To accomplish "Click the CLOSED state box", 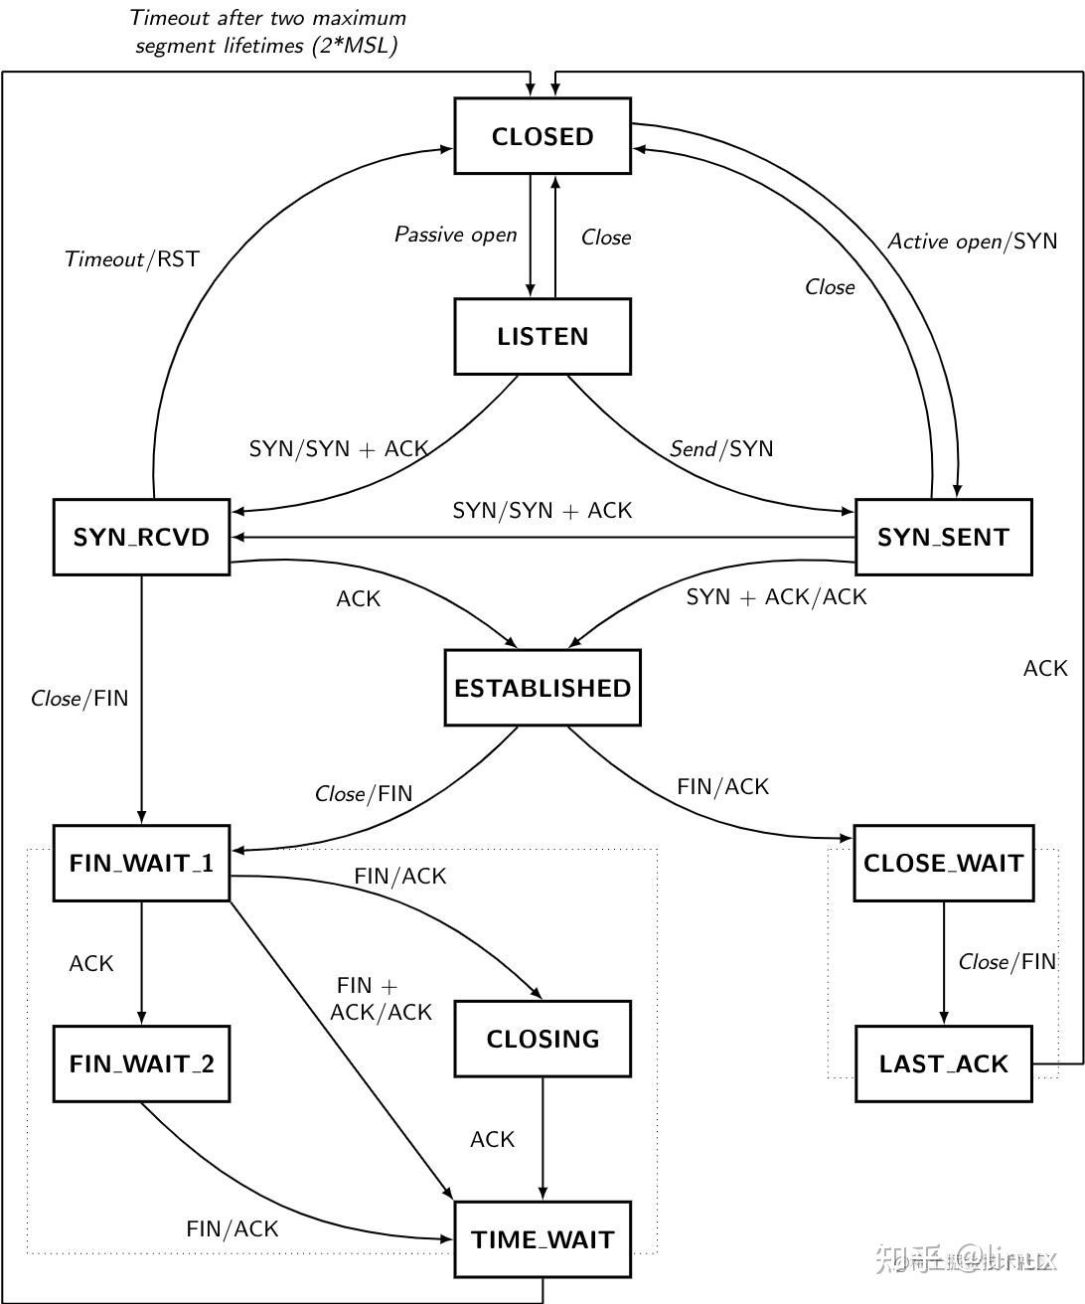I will (542, 136).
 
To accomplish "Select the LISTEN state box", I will (542, 337).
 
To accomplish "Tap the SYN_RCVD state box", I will (141, 538).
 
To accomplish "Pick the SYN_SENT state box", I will (943, 538).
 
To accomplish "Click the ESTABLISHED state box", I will (542, 688).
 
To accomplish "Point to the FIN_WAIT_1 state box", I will (141, 863).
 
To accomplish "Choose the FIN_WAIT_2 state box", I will (141, 1063).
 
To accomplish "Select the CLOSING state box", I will (542, 1039).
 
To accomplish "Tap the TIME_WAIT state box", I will (542, 1239).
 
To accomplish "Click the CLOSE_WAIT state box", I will (943, 863).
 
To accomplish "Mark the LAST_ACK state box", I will (943, 1063).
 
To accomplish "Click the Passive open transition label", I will (456, 235).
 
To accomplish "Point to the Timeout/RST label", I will (132, 259).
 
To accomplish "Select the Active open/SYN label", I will (972, 241).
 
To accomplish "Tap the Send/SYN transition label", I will (721, 448).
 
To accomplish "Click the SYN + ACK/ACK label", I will (776, 596).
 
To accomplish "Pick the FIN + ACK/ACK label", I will (381, 999).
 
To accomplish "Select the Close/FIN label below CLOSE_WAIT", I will (1007, 962).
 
